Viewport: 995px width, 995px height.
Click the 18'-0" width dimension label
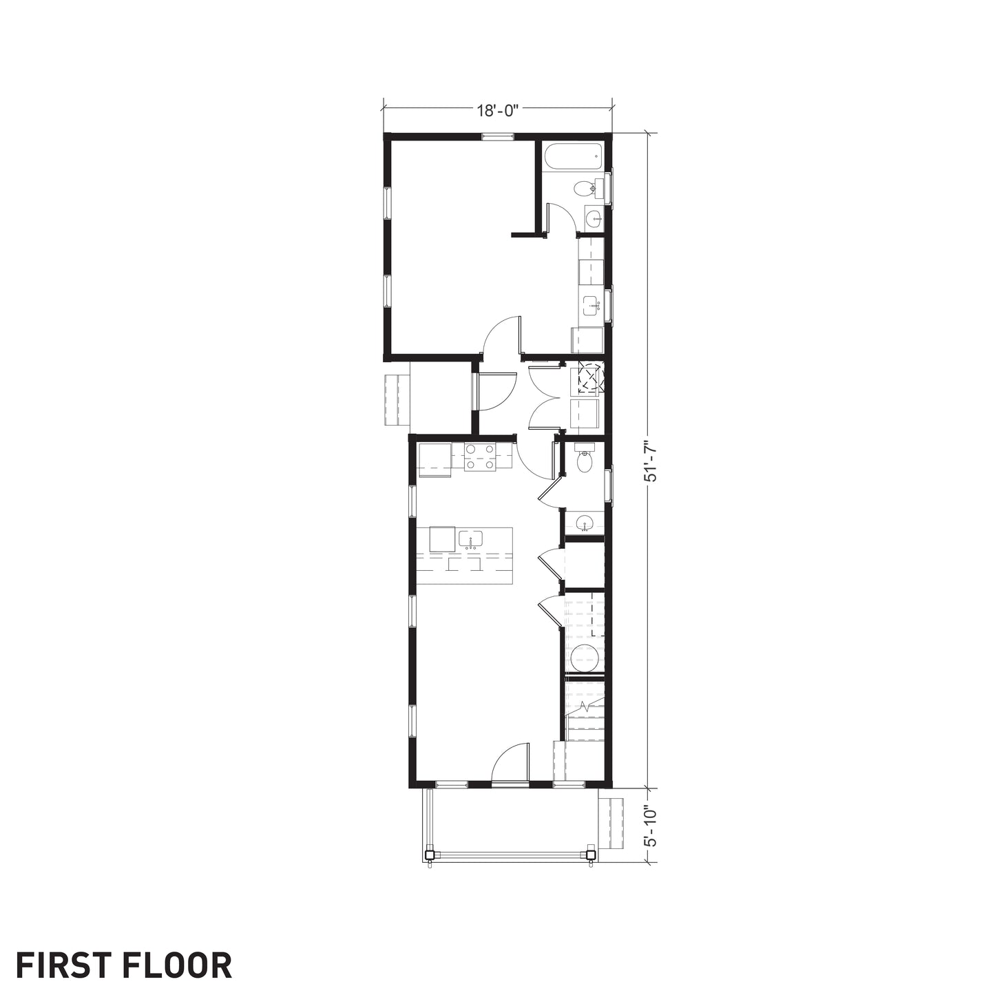click(496, 111)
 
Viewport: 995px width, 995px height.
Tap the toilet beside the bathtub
click(588, 188)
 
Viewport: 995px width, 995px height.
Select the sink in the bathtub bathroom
click(594, 218)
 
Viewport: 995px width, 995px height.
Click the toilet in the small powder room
click(585, 459)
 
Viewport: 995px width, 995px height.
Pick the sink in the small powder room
click(584, 523)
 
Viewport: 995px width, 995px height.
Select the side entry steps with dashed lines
click(397, 401)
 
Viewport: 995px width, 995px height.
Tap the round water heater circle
click(585, 660)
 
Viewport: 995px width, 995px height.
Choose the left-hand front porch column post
click(428, 854)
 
